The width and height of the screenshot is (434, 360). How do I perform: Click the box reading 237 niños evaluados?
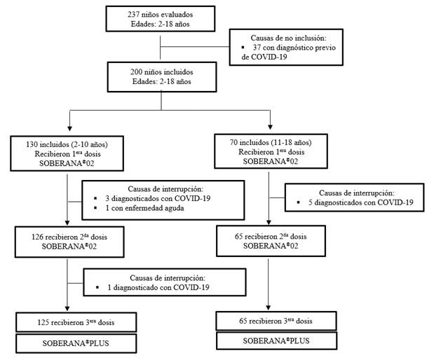(x=162, y=19)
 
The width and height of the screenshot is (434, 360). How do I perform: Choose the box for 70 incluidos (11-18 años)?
(x=269, y=151)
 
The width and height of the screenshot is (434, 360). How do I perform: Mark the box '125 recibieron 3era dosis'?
(x=67, y=323)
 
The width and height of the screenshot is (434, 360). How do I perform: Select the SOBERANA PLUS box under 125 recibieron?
(x=67, y=344)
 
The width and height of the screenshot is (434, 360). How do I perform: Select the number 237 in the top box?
(x=133, y=14)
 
